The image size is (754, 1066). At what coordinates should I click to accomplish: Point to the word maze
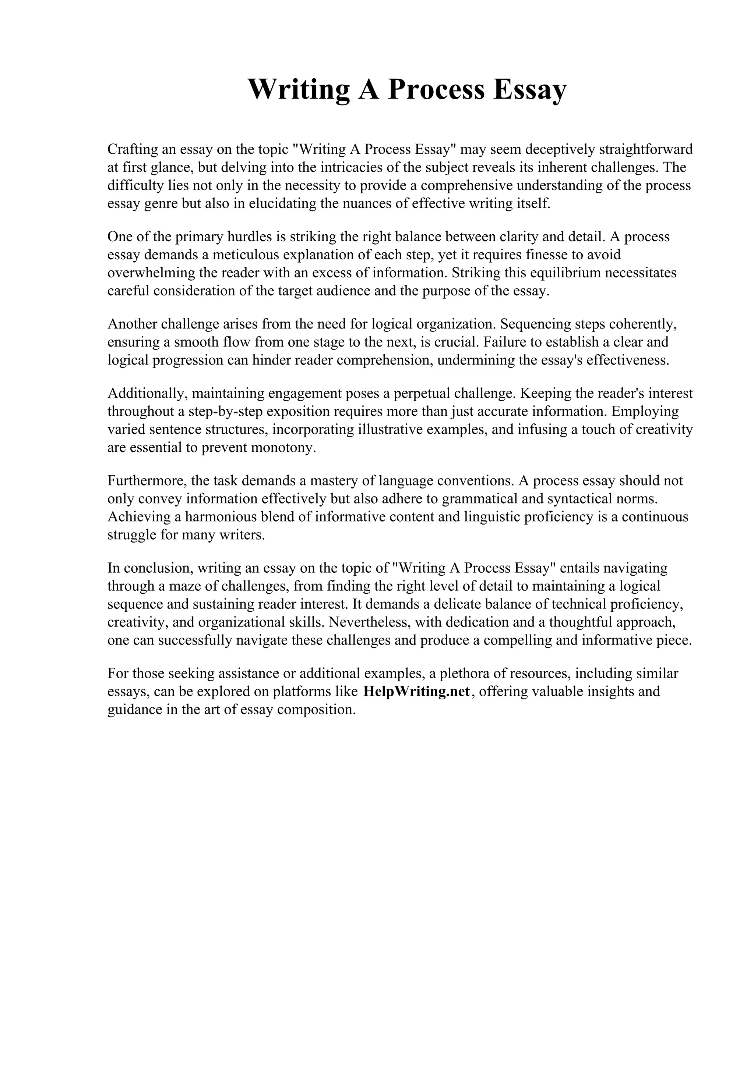[x=184, y=586]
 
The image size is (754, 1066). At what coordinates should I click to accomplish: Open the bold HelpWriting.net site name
[x=416, y=691]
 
